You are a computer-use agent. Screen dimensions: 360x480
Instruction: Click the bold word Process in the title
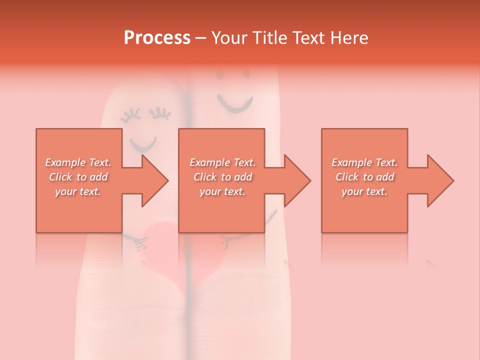(157, 38)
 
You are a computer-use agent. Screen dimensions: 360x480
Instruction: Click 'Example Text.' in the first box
(78, 162)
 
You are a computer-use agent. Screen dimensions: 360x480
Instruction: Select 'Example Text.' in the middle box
(222, 162)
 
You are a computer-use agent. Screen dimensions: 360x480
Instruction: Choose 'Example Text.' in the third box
(364, 162)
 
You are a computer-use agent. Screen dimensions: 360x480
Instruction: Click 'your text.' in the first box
(78, 191)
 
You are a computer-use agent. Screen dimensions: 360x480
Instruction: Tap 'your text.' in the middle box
(222, 191)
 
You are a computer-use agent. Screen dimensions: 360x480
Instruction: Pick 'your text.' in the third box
(364, 191)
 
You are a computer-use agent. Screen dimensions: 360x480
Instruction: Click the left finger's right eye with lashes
(161, 114)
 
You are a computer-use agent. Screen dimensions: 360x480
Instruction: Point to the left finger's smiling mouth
(143, 145)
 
